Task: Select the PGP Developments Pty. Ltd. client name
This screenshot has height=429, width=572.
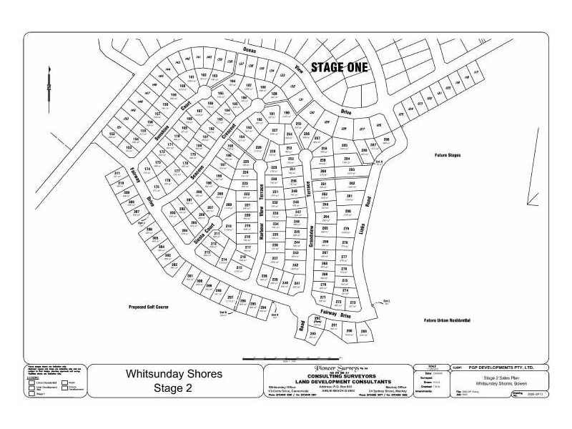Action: [508, 368]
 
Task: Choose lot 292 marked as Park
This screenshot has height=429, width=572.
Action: [317, 320]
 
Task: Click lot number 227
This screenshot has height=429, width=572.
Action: [274, 131]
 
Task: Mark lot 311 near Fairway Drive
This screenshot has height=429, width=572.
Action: [117, 174]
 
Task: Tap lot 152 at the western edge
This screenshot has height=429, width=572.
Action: [112, 134]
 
